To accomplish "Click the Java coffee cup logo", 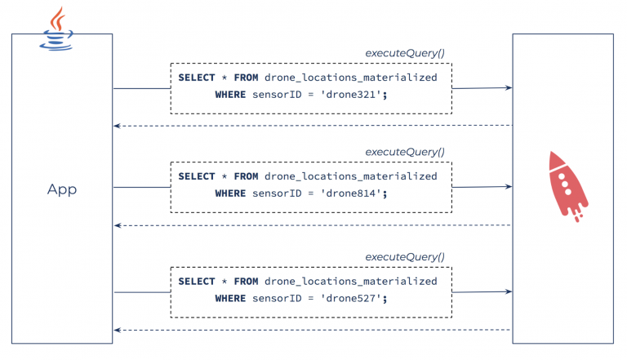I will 57,29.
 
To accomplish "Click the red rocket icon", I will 567,184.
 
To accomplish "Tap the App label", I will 62,189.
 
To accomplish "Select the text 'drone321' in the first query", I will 354,95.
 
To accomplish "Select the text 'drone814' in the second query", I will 354,193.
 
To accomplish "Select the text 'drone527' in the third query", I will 354,299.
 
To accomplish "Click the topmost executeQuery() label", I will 405,53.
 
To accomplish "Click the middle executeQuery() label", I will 405,152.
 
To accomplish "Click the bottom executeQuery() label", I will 405,256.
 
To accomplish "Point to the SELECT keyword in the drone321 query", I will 197,78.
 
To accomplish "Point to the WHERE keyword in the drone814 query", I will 230,193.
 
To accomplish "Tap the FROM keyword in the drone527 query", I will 247,282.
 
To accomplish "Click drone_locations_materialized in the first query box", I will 351,78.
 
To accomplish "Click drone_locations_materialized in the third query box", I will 351,282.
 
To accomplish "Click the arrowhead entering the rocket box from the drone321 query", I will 509,87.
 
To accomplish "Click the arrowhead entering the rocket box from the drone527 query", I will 509,291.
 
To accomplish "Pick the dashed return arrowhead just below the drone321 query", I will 118,126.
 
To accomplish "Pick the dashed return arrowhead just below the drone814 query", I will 118,225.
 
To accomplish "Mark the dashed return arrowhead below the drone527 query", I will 118,330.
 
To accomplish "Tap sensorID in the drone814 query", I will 279,193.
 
